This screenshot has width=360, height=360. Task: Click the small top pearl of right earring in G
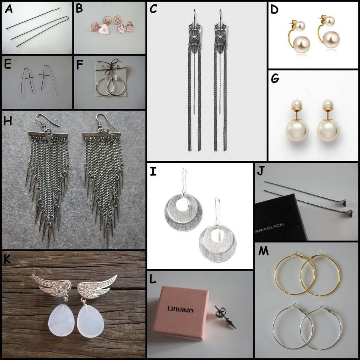tap(328, 104)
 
